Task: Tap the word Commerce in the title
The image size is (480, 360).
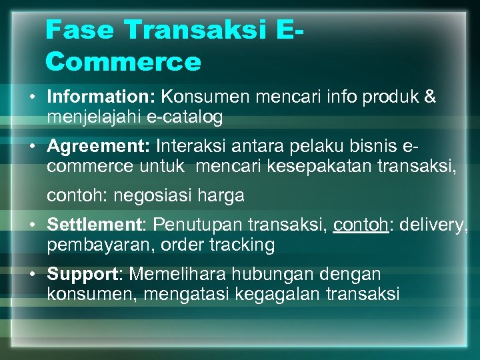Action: click(x=123, y=62)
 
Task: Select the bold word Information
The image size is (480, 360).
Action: click(x=101, y=97)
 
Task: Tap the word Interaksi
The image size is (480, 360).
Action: click(x=193, y=145)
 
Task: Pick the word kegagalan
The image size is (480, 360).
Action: click(x=266, y=294)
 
